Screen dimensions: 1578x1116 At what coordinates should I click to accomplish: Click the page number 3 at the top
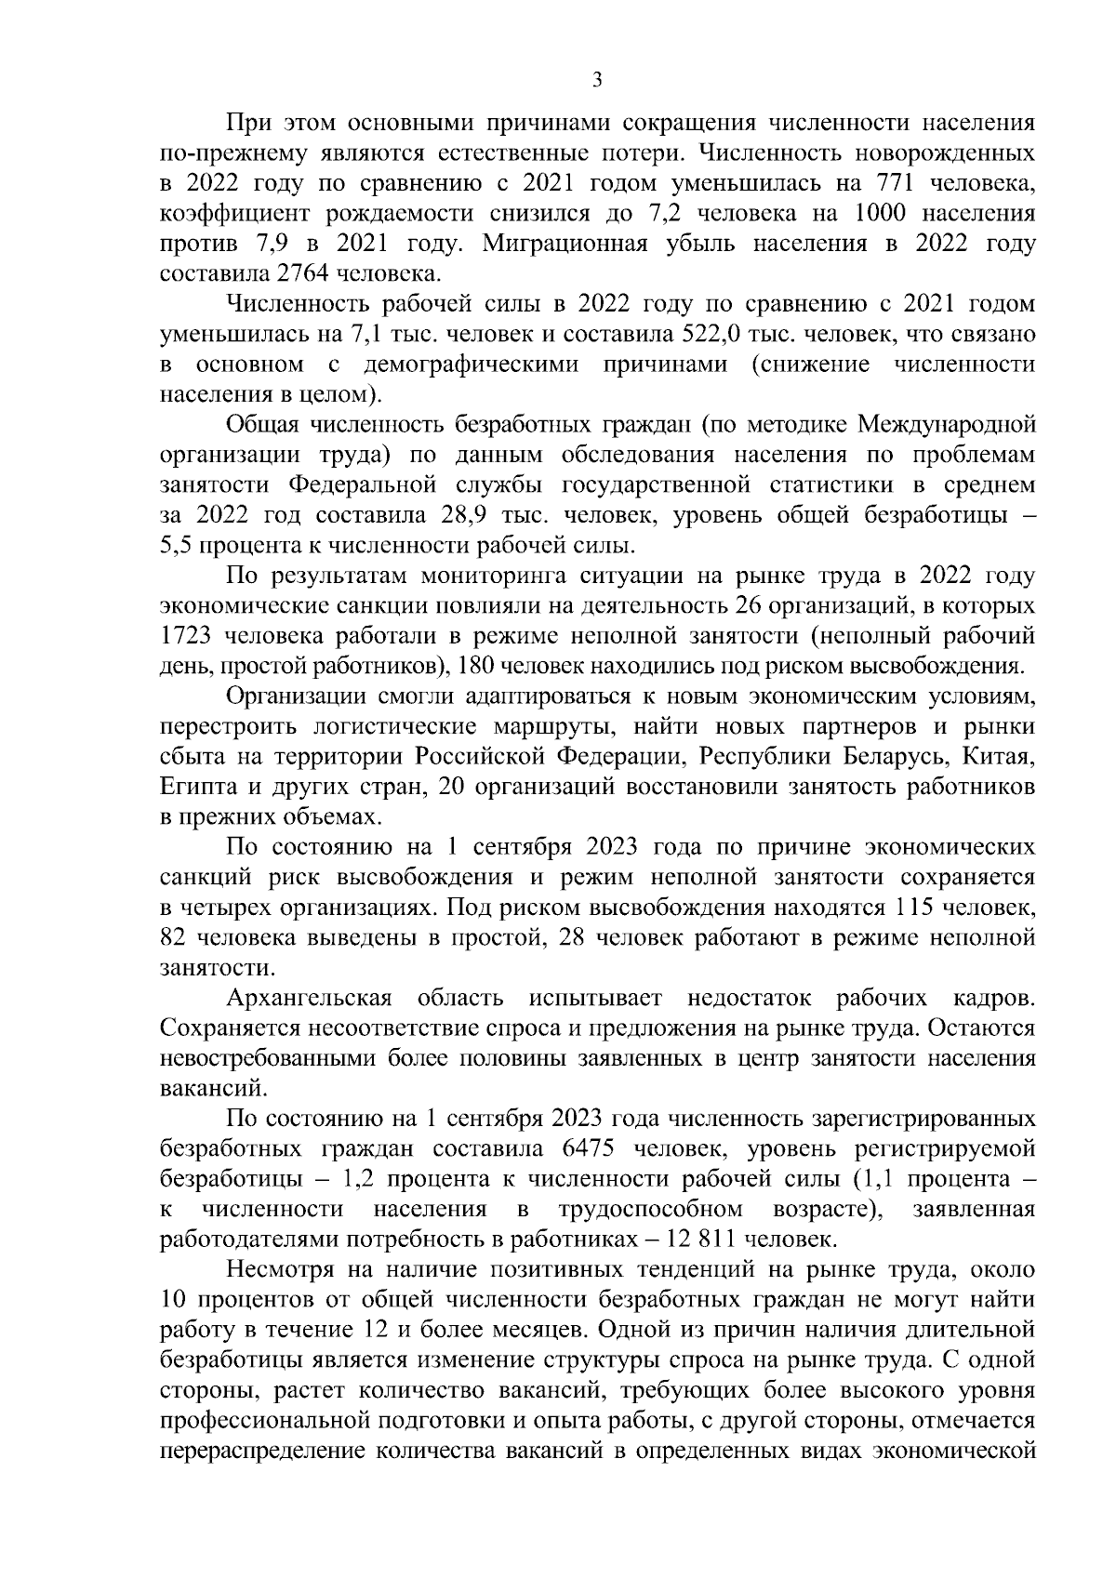[x=597, y=81]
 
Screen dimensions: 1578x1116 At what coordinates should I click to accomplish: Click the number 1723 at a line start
[x=187, y=636]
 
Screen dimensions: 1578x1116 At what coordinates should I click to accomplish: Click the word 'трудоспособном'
[x=650, y=1210]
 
